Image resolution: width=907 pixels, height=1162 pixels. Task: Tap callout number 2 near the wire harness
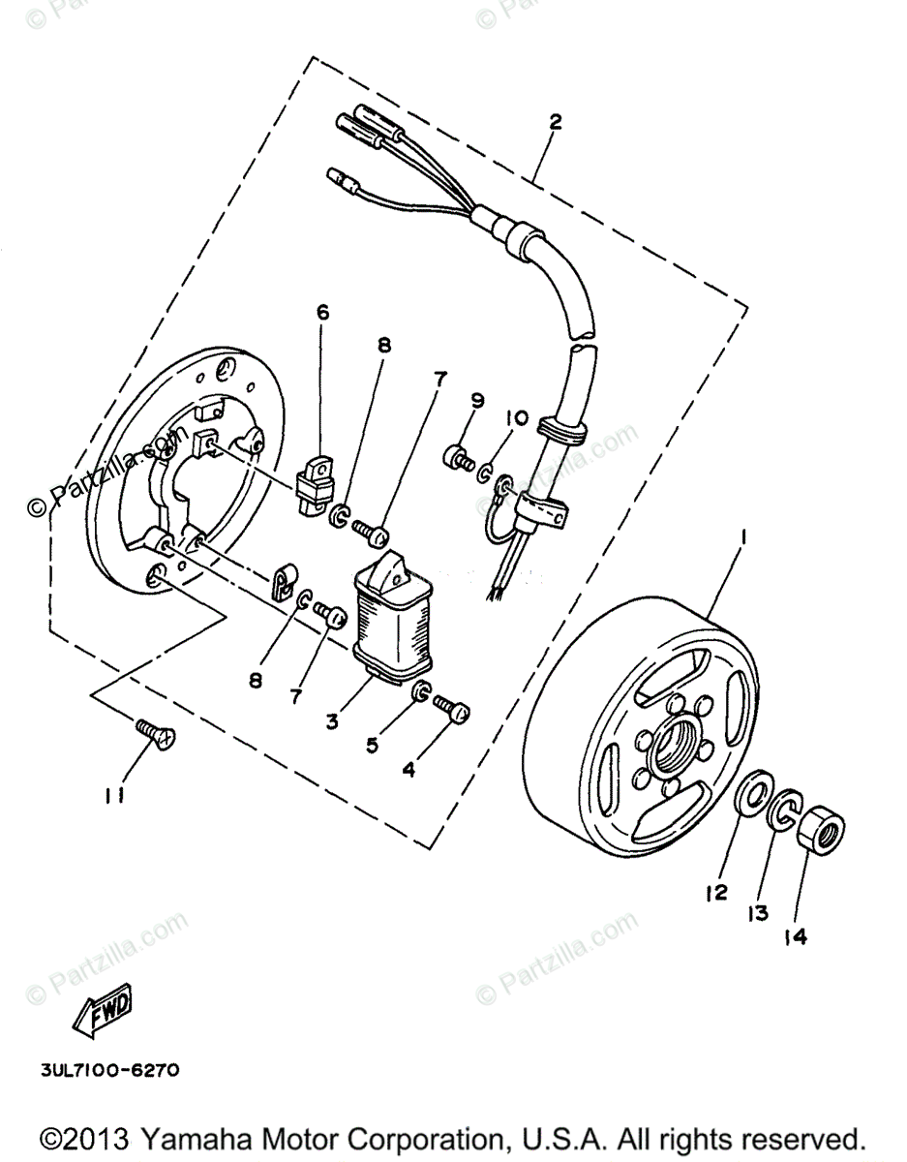pos(555,123)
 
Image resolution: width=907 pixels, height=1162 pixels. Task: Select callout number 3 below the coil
pos(332,720)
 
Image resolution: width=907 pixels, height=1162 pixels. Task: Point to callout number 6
pos(322,312)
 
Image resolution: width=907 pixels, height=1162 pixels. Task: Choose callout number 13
pos(758,912)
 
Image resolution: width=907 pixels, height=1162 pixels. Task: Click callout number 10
pos(516,418)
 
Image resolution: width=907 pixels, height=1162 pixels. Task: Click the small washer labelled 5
pos(421,691)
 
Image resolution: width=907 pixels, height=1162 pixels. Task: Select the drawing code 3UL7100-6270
pos(109,1071)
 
